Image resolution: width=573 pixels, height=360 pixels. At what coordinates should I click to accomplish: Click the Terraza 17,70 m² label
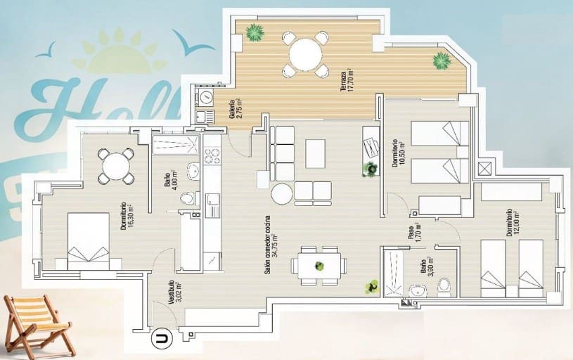point(345,85)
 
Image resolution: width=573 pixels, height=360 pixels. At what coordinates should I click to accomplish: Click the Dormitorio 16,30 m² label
point(127,217)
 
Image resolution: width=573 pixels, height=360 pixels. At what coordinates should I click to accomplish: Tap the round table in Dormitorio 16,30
point(116,167)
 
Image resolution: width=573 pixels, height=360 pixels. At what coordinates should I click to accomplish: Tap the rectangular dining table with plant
point(321,266)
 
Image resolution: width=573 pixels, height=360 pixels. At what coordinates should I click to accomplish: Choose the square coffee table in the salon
point(316,153)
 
